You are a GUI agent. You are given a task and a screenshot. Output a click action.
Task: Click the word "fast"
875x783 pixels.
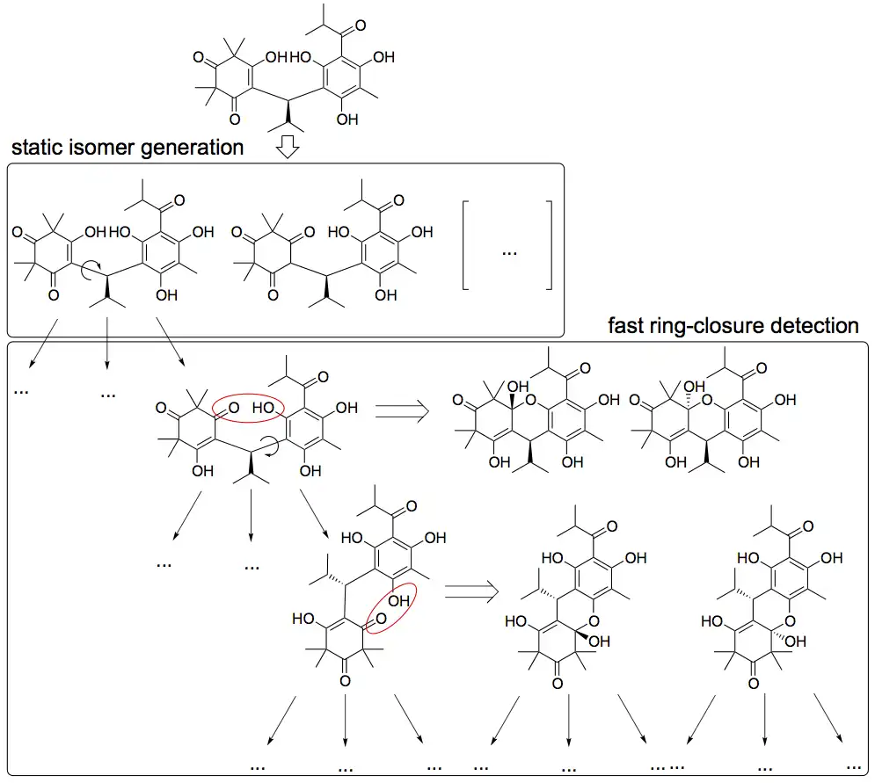coord(625,326)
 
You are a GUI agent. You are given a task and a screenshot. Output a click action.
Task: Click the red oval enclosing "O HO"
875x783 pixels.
coord(250,408)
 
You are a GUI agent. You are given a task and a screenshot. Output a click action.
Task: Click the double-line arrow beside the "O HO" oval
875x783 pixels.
coord(401,409)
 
